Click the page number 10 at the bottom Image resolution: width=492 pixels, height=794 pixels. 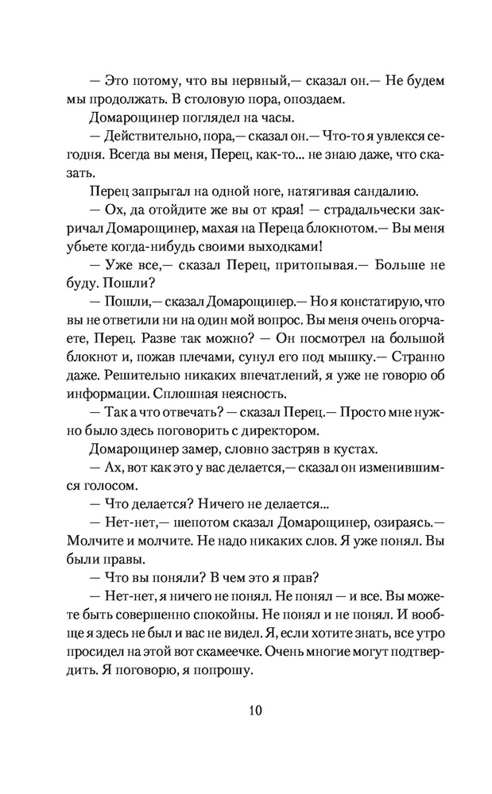(x=246, y=710)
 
